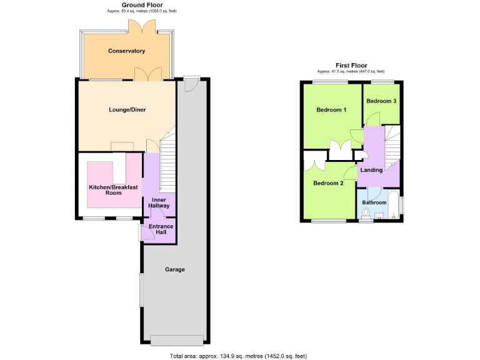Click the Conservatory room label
click(126, 51)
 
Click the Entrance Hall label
click(161, 229)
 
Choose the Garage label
click(174, 269)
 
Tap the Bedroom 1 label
click(331, 110)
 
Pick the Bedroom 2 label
click(328, 183)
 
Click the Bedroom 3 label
click(381, 101)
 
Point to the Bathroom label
click(375, 202)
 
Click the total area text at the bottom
click(239, 356)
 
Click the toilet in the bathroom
click(366, 212)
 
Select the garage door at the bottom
click(177, 339)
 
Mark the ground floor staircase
click(169, 166)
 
